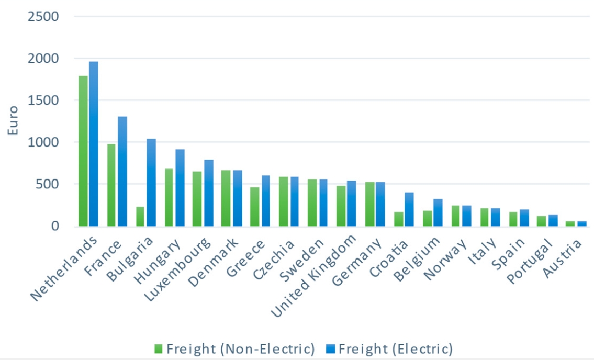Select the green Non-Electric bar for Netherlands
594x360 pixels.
point(83,151)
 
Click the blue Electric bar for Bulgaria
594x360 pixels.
point(151,183)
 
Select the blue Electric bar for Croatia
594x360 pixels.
point(409,209)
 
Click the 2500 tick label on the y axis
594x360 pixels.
point(40,17)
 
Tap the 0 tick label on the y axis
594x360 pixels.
point(54,227)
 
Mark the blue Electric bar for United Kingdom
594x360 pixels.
point(352,204)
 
